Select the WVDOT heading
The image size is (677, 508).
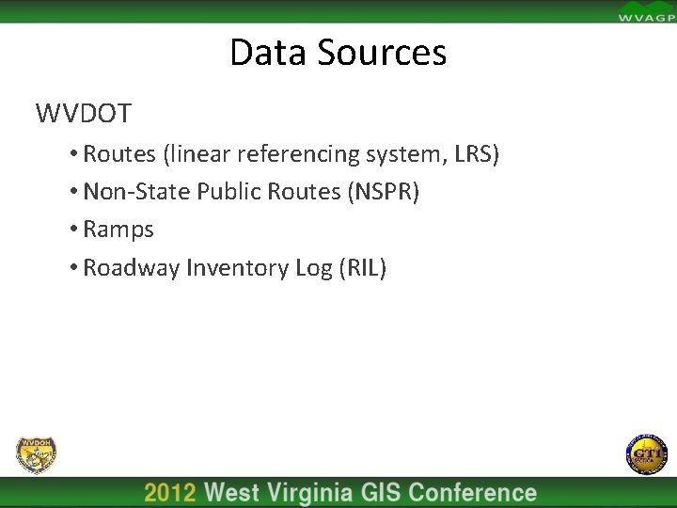pyautogui.click(x=84, y=115)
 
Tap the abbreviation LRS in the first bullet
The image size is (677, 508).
pyautogui.click(x=476, y=153)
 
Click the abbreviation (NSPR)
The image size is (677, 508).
pyautogui.click(x=384, y=192)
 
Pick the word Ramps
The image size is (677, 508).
pyautogui.click(x=118, y=230)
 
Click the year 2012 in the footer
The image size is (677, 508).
pyautogui.click(x=170, y=493)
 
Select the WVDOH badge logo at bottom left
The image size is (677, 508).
pyautogui.click(x=36, y=455)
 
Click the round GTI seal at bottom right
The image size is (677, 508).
pyautogui.click(x=644, y=455)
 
